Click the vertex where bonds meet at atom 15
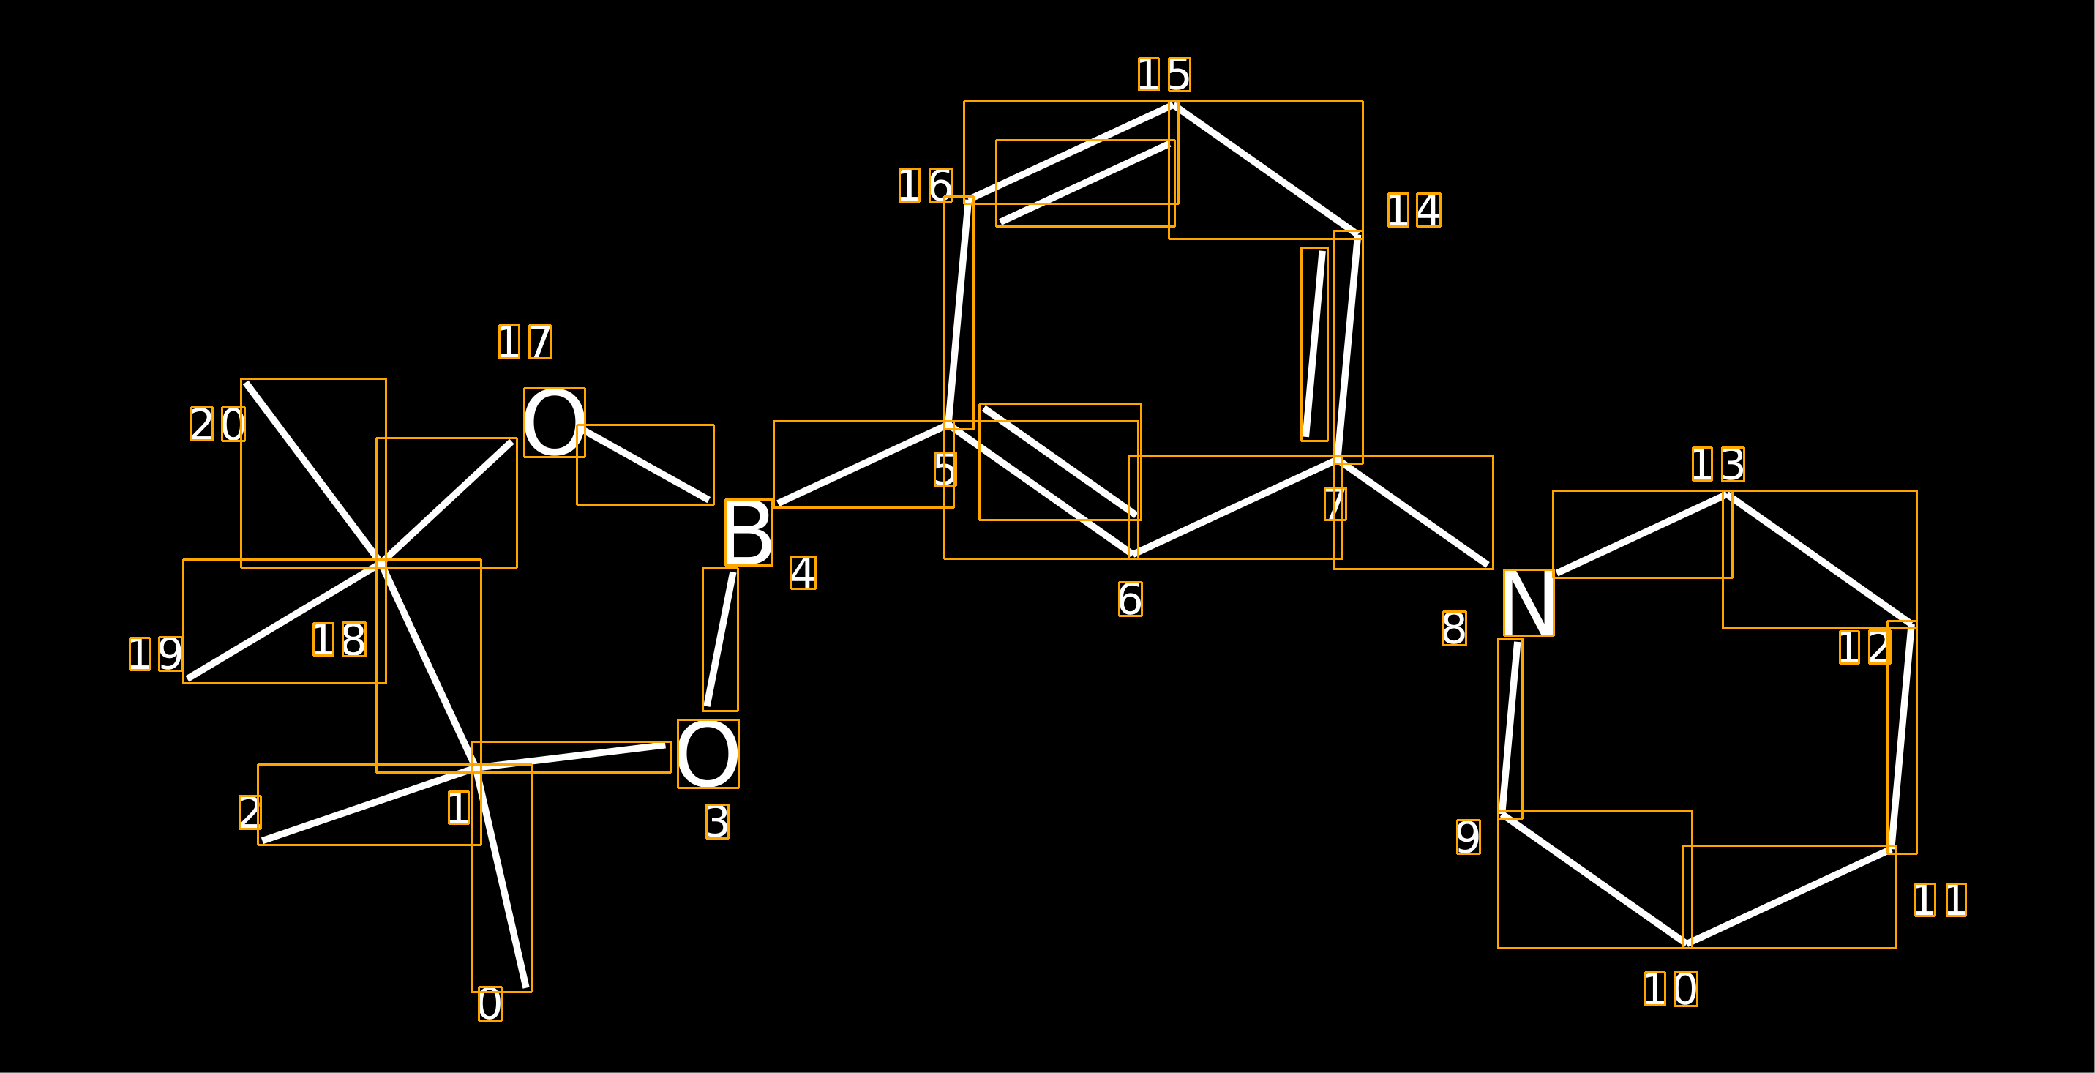tap(1173, 105)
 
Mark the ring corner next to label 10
tap(1687, 943)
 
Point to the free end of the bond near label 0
tap(526, 988)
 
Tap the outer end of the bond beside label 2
tap(263, 841)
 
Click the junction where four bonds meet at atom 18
tap(381, 563)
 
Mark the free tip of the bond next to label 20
tap(246, 383)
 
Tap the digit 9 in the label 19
tap(170, 654)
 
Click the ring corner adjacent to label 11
tap(1892, 850)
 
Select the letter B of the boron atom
tap(748, 532)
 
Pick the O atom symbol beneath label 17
tap(554, 422)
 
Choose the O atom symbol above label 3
tap(708, 754)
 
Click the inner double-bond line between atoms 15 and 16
tap(1085, 183)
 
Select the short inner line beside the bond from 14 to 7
tap(1313, 344)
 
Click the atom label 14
tap(1414, 211)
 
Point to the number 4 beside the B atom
tap(803, 572)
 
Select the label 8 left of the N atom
tap(1454, 629)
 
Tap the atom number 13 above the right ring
tap(1717, 465)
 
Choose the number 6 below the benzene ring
tap(1131, 599)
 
